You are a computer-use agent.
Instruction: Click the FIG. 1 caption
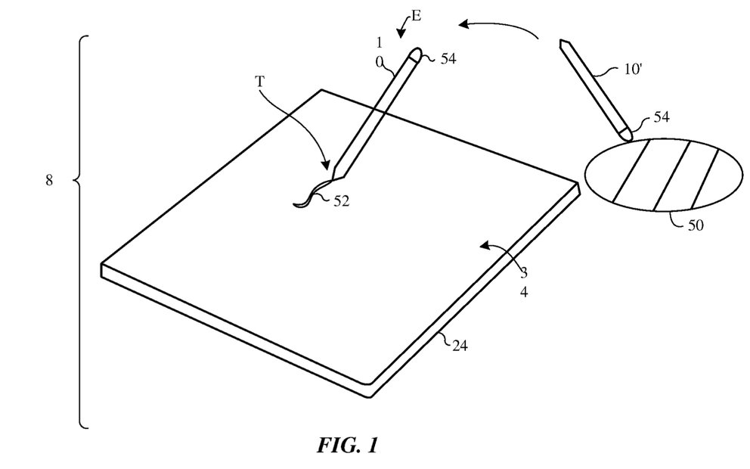[x=347, y=445]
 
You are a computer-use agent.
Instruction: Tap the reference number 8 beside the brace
[x=49, y=181]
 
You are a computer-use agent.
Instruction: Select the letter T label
[x=259, y=82]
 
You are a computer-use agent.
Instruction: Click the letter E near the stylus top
[x=416, y=16]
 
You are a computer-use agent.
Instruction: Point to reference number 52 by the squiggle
[x=342, y=201]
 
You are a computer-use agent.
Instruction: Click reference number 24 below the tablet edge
[x=460, y=346]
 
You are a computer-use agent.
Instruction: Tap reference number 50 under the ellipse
[x=696, y=225]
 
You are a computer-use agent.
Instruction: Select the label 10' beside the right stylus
[x=632, y=70]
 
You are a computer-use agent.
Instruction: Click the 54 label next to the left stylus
[x=448, y=59]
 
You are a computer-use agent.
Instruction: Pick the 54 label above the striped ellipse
[x=661, y=116]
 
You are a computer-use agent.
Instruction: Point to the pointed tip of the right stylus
[x=560, y=42]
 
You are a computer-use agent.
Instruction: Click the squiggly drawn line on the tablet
[x=311, y=194]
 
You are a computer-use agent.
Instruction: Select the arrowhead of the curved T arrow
[x=326, y=165]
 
